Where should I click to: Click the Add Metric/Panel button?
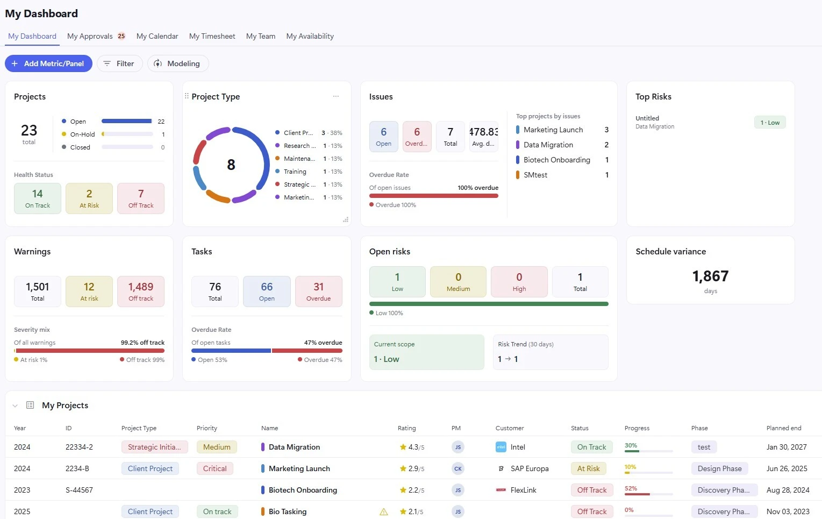[48, 63]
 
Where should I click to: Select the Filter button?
[120, 63]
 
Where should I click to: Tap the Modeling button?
[178, 63]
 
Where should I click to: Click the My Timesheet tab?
[212, 36]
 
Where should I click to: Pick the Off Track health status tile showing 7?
[141, 198]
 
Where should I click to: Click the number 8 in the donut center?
[231, 165]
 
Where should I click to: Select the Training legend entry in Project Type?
[295, 172]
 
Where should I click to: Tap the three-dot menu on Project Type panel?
[336, 96]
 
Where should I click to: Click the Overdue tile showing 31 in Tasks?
[318, 292]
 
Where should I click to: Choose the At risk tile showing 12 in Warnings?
[89, 292]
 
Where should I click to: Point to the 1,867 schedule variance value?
[710, 276]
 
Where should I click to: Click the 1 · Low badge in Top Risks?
[770, 123]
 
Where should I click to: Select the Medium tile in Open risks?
[459, 281]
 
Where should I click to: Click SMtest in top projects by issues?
[535, 175]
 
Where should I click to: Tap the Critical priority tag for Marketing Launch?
[215, 468]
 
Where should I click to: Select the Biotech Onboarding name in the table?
[303, 490]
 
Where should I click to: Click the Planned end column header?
[784, 428]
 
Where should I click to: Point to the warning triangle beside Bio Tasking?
[383, 511]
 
